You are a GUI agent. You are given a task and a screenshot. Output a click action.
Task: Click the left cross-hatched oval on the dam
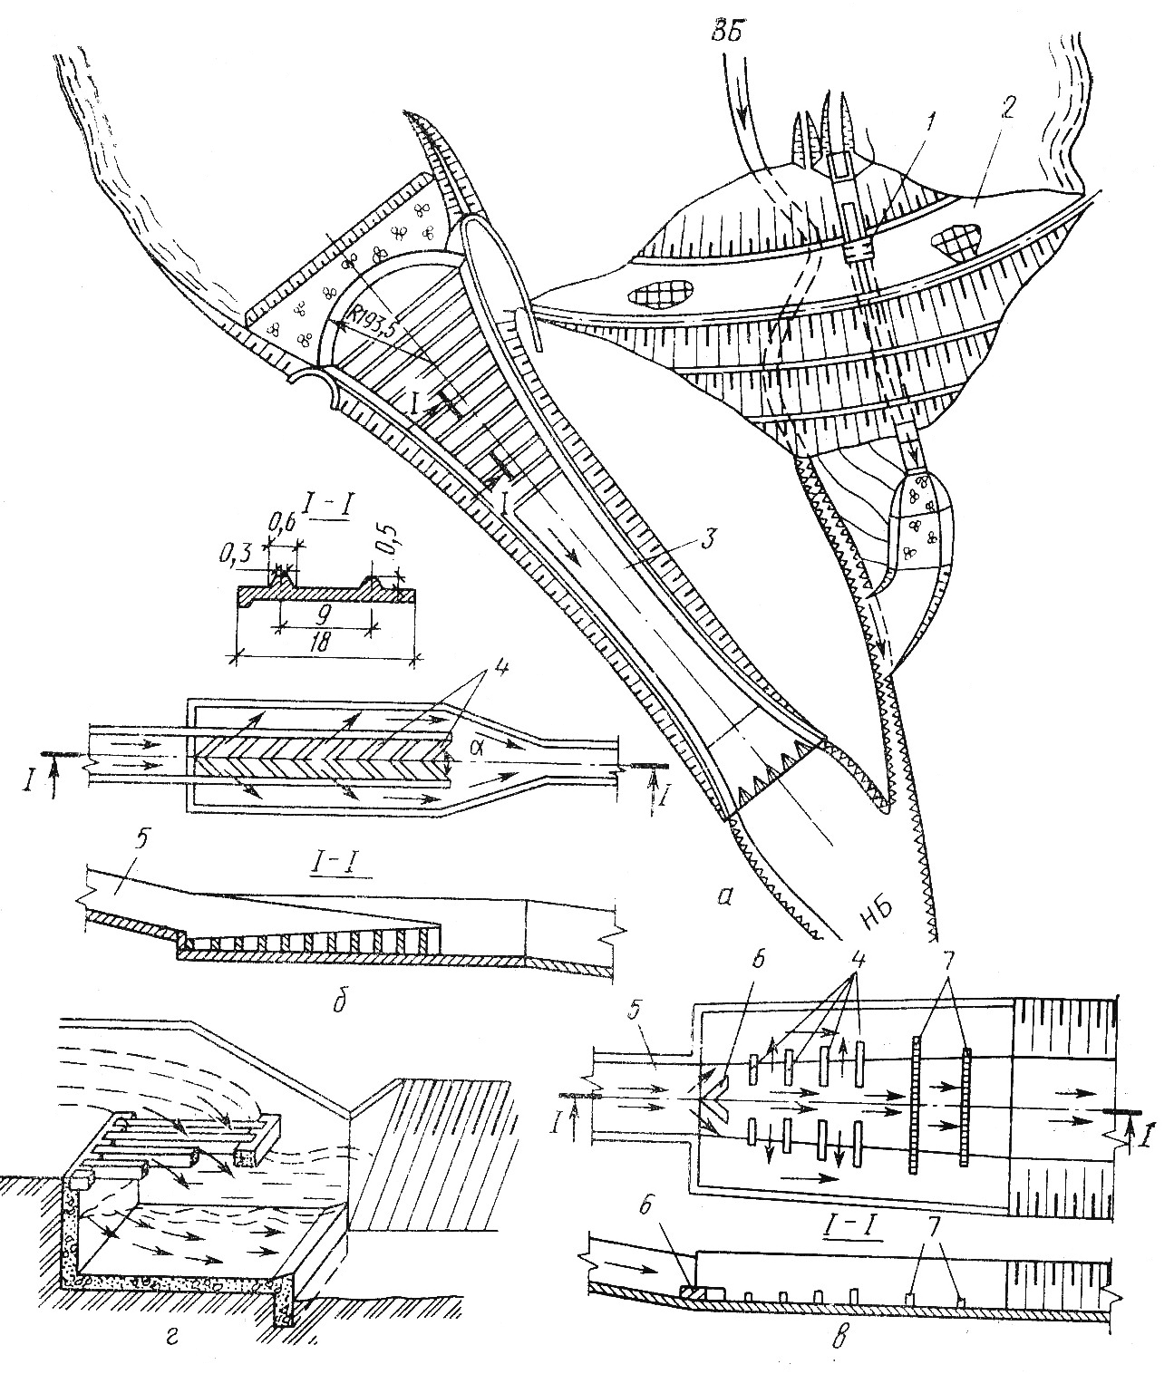[659, 292]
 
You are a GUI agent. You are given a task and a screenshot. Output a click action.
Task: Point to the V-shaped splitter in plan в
[713, 1106]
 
